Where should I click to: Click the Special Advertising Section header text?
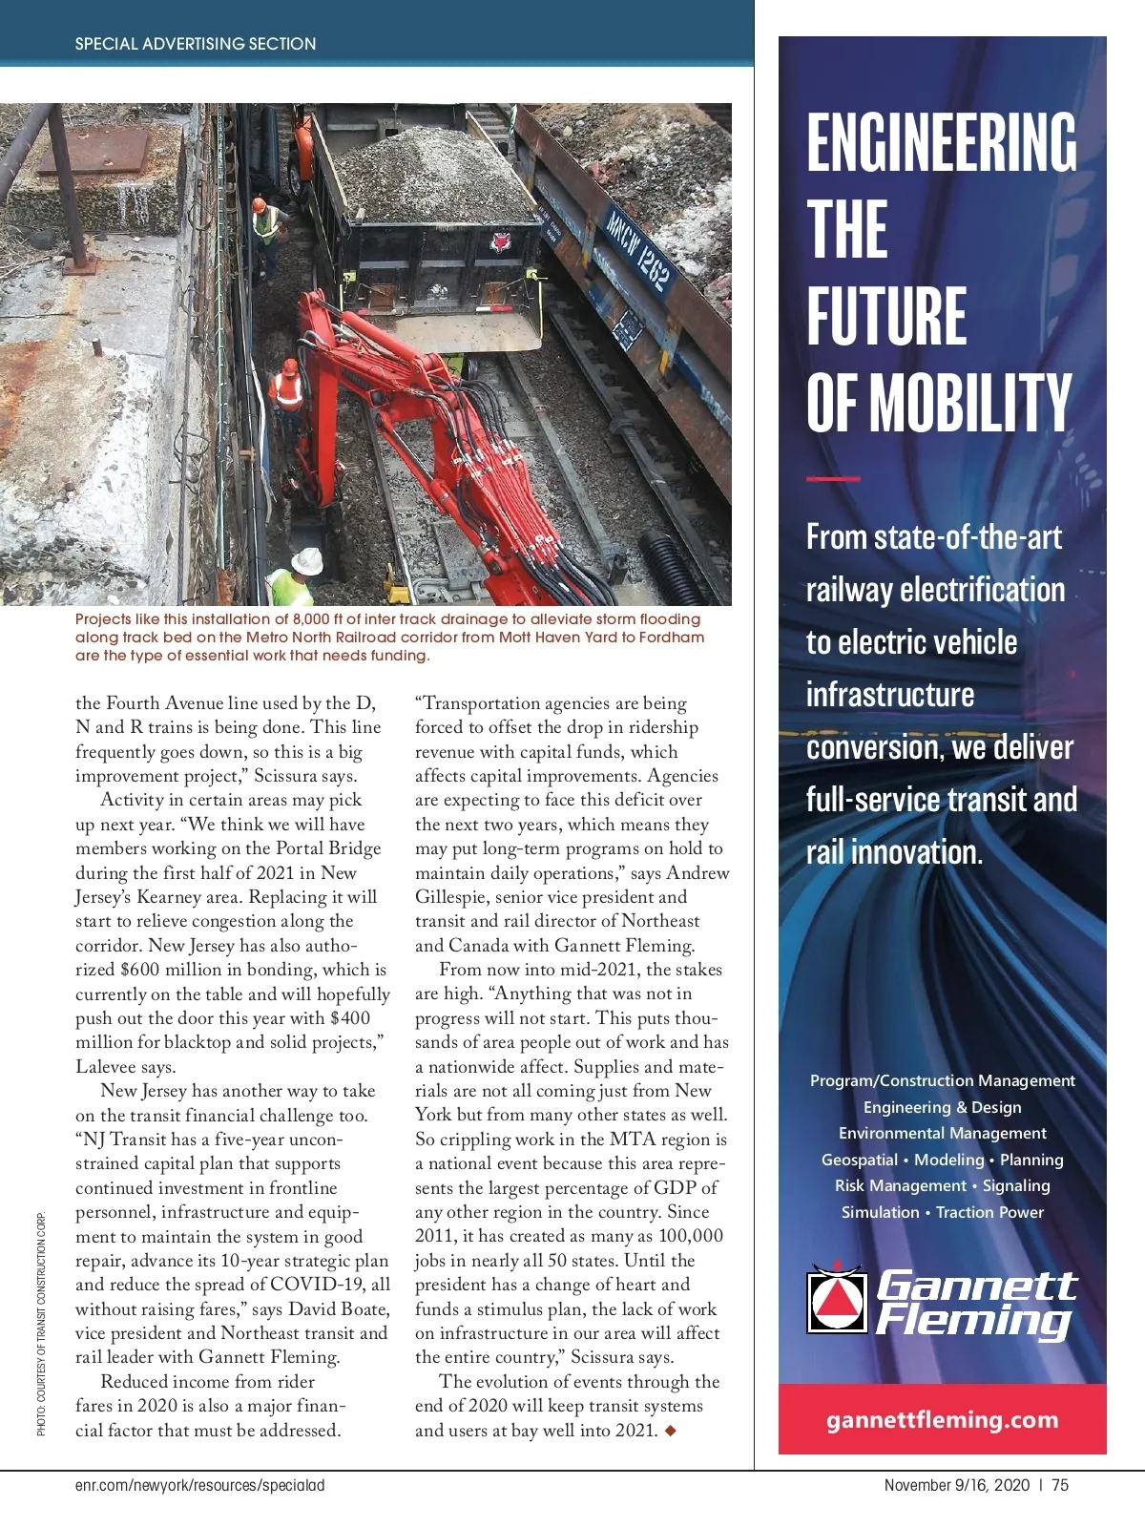pyautogui.click(x=195, y=44)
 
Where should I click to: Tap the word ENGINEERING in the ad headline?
pyautogui.click(x=941, y=143)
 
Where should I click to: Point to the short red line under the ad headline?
pyautogui.click(x=832, y=478)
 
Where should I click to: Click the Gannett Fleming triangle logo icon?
pyautogui.click(x=836, y=1299)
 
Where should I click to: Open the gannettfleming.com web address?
pyautogui.click(x=942, y=1419)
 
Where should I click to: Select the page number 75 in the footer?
pyautogui.click(x=1060, y=1485)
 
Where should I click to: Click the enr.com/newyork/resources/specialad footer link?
pyautogui.click(x=199, y=1485)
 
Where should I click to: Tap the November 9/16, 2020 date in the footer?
pyautogui.click(x=956, y=1485)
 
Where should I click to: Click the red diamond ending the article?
pyautogui.click(x=670, y=1430)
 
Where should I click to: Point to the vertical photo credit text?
pyautogui.click(x=41, y=1324)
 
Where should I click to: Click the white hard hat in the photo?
pyautogui.click(x=306, y=561)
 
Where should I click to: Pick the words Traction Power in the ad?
pyautogui.click(x=989, y=1212)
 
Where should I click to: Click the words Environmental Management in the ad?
pyautogui.click(x=942, y=1133)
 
